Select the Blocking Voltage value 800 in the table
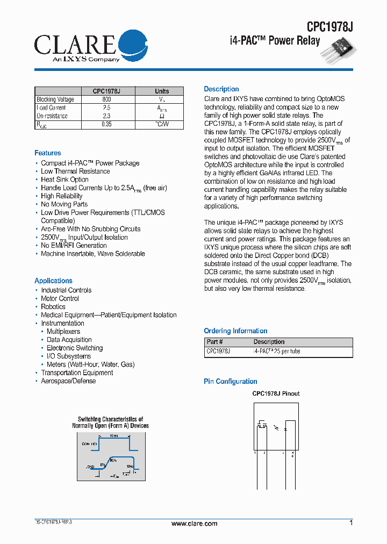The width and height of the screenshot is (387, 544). coord(106,99)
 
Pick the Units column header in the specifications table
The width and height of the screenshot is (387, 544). coord(162,91)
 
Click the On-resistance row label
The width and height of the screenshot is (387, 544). coord(52,116)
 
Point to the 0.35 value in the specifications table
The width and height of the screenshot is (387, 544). coord(106,125)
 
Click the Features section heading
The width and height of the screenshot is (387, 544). coord(48,153)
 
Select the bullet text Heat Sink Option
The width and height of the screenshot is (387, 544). coord(64,180)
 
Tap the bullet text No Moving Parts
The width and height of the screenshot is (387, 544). coord(64,204)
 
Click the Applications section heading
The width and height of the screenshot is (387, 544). coord(53,281)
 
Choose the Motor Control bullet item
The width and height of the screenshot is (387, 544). coord(60,298)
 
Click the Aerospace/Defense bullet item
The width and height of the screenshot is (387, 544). coord(68,381)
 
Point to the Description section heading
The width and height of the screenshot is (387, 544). coord(221,89)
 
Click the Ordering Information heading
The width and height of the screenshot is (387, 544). coord(235,331)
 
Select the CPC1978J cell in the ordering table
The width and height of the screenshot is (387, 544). coord(218,350)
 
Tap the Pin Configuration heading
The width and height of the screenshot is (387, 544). coord(230,382)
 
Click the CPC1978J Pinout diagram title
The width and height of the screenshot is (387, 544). coord(276,393)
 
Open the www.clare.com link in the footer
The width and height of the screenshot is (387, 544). coord(194,524)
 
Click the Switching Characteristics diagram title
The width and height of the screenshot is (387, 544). coord(110,423)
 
